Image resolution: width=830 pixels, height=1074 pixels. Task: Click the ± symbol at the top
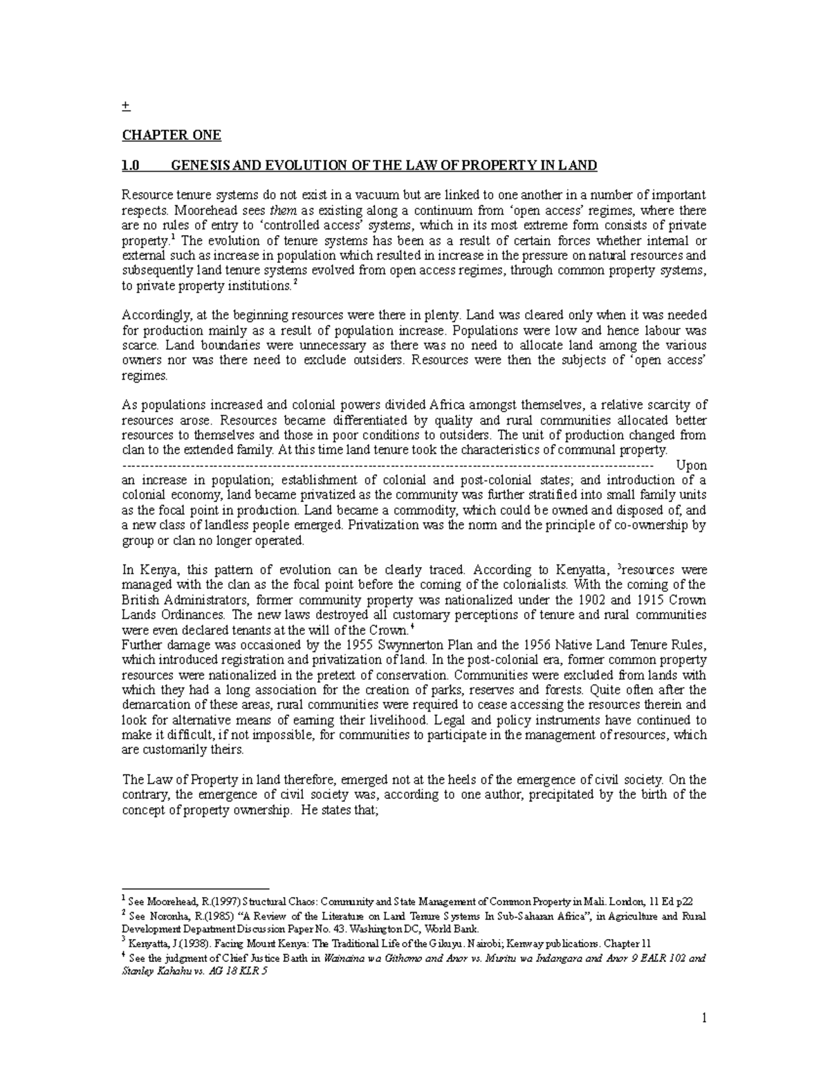coord(124,106)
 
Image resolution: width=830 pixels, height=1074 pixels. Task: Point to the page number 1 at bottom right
coord(703,1018)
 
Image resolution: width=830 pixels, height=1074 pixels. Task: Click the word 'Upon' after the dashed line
coord(691,465)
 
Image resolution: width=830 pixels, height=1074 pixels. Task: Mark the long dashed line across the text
coord(387,465)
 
